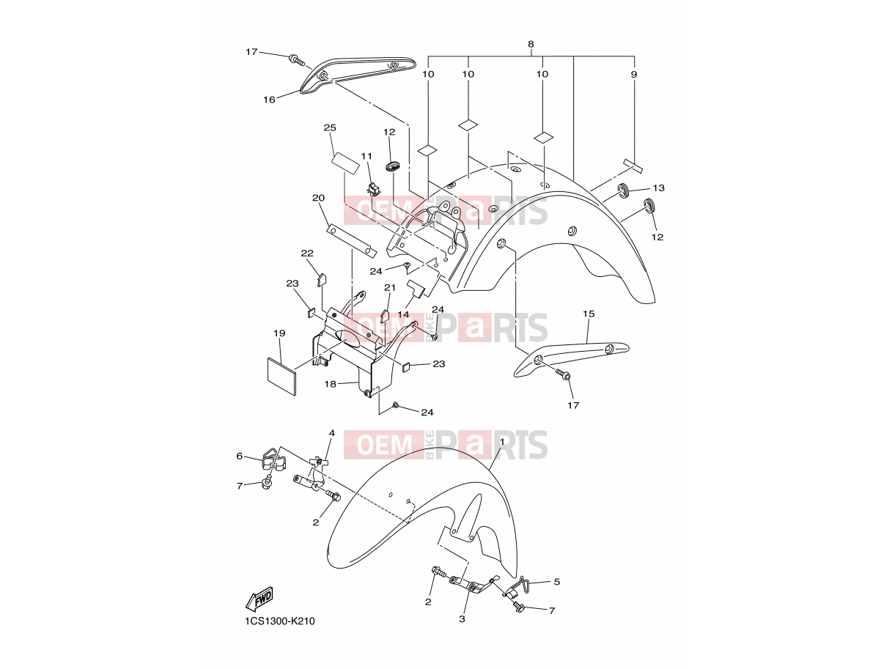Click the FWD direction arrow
[x=259, y=599]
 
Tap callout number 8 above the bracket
[x=531, y=44]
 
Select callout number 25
[x=330, y=127]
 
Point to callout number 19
[x=279, y=333]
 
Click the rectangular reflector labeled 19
[x=281, y=376]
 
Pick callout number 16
[x=269, y=100]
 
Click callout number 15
[x=589, y=314]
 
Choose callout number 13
[x=658, y=188]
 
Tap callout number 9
[x=634, y=74]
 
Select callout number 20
[x=318, y=198]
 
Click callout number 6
[x=240, y=457]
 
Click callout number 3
[x=462, y=619]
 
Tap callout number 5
[x=557, y=582]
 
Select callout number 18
[x=330, y=384]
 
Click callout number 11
[x=366, y=156]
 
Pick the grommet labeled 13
[x=622, y=191]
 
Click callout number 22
[x=307, y=253]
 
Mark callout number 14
[x=403, y=314]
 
